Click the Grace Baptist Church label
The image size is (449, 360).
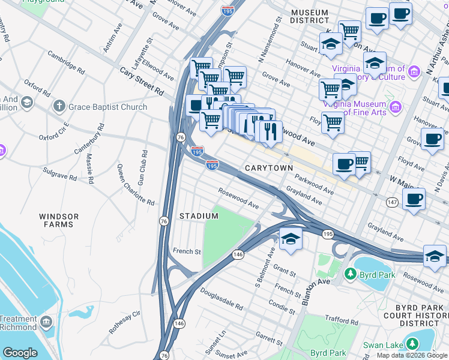[x=108, y=107]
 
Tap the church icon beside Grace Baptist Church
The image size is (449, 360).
[x=59, y=107]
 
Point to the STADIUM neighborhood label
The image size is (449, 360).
[x=199, y=215]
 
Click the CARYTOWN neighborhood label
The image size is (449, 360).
[x=268, y=168]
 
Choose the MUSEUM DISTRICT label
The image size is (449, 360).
[x=309, y=16]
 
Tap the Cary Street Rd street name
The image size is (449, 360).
[x=142, y=81]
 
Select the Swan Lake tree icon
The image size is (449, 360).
[x=412, y=344]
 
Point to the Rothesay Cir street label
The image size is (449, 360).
[x=124, y=322]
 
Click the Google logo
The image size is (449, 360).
[x=20, y=353]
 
